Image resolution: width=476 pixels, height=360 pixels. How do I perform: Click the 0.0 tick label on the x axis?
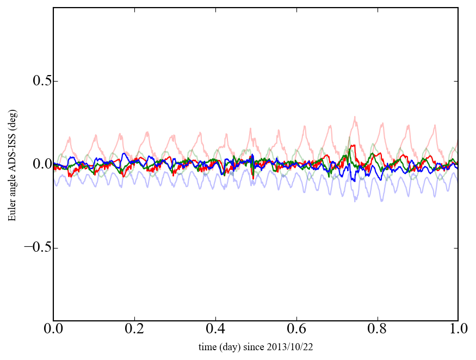[53, 330]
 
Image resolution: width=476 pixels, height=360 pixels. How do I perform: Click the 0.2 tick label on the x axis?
[134, 330]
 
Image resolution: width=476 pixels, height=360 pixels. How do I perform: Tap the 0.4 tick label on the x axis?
[215, 330]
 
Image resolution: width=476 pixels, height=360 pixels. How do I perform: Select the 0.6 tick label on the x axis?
[296, 330]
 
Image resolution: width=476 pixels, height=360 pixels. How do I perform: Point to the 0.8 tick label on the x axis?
[377, 330]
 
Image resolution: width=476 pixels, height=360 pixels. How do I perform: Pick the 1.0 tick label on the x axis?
[458, 330]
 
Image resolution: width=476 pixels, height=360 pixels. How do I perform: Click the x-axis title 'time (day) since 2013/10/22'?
[256, 346]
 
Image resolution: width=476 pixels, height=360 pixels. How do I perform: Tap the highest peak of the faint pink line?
[355, 116]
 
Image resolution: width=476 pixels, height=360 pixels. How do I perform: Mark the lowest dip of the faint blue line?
[355, 201]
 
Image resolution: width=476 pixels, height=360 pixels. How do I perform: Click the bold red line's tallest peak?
[354, 145]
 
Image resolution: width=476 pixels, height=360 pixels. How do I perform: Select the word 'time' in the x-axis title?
[207, 346]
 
